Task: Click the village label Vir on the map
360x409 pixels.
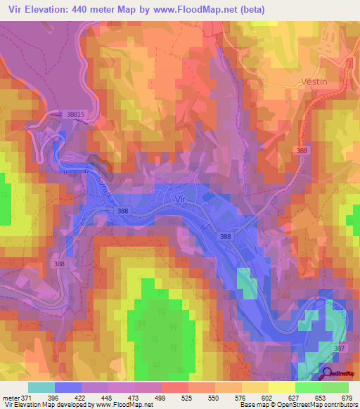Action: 180,199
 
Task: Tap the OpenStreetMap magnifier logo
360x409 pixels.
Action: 326,374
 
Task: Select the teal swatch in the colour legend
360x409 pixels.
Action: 41,387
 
